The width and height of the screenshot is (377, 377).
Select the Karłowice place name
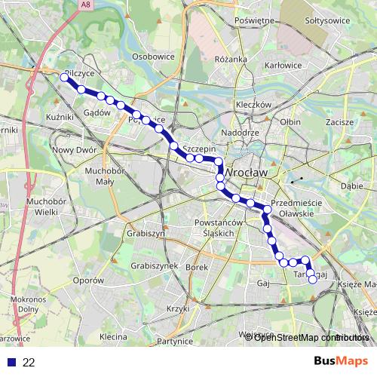pos(283,66)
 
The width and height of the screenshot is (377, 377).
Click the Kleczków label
pos(253,104)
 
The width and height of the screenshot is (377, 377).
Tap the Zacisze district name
pos(340,121)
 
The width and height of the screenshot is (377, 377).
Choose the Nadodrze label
pos(241,133)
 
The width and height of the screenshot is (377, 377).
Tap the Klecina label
pos(112,336)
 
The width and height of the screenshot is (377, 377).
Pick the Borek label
pos(196,267)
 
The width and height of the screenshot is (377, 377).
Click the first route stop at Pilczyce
pos(64,77)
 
